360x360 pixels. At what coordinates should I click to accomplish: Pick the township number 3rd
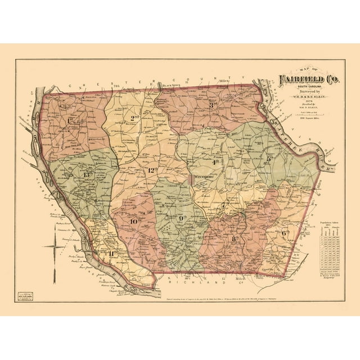(x=213, y=105)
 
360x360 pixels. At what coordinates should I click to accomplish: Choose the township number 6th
(x=285, y=232)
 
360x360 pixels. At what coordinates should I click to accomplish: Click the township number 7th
(x=224, y=206)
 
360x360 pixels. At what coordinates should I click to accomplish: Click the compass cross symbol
(x=55, y=246)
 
